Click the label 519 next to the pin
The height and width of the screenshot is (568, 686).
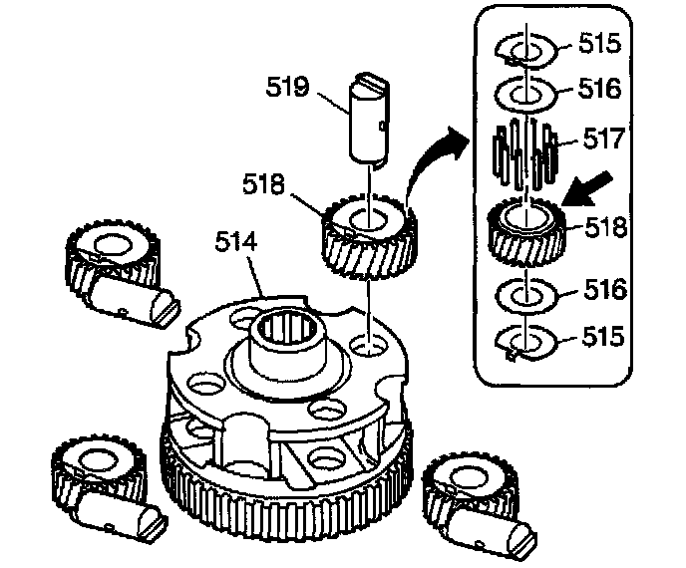[x=288, y=87]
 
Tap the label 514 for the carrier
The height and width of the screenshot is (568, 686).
[x=235, y=241]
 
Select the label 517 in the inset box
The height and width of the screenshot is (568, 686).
[x=603, y=140]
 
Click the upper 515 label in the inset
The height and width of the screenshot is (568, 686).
[x=600, y=43]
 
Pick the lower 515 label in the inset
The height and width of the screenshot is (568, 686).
[x=603, y=336]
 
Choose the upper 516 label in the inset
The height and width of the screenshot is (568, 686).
[x=600, y=89]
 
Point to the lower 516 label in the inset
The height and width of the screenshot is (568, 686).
[x=605, y=290]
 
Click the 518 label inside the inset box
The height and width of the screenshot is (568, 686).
[x=606, y=228]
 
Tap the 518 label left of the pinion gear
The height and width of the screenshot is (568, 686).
[x=264, y=183]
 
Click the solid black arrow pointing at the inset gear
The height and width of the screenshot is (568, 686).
[x=587, y=188]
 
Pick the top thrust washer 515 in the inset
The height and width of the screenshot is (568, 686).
[x=525, y=50]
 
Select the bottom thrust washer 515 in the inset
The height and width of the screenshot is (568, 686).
[x=525, y=342]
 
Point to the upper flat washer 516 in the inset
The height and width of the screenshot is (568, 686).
[x=525, y=94]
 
